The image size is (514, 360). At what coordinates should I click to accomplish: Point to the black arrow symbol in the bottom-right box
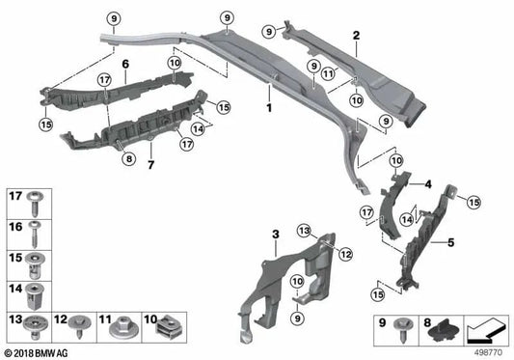coord(484,330)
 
